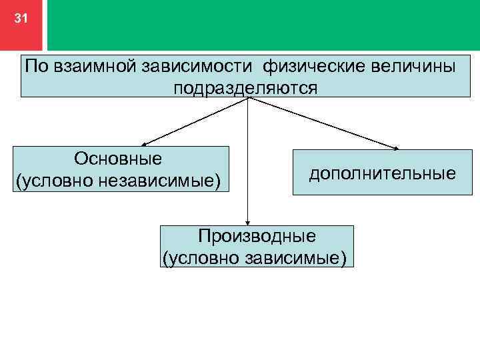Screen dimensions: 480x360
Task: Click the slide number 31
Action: (x=21, y=19)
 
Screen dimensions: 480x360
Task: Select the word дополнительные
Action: (x=382, y=173)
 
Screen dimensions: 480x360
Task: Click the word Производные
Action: (x=257, y=235)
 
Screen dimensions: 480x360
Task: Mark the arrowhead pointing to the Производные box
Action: (x=248, y=223)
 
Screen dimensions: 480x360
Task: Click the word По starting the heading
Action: (x=35, y=67)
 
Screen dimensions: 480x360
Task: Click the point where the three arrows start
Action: (x=248, y=99)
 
